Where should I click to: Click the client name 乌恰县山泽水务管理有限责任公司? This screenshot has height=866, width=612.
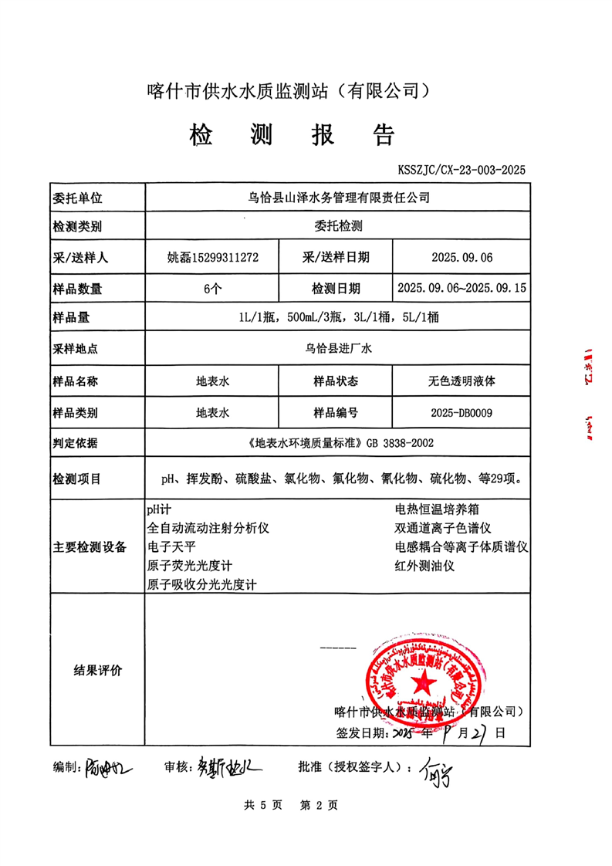[x=337, y=198]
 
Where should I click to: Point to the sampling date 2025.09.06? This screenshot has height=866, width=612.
[x=461, y=258]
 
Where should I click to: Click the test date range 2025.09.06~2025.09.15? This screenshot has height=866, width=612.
[x=461, y=289]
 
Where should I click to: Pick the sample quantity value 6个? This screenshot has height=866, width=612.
[x=212, y=289]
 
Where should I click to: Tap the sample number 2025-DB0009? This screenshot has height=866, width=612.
[x=461, y=413]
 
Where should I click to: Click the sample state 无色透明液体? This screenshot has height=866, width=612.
[x=461, y=381]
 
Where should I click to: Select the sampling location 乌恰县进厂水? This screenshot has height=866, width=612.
[x=337, y=350]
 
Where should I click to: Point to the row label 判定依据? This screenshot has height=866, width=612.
[x=77, y=445]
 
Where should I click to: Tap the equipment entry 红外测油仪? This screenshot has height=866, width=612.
[x=425, y=566]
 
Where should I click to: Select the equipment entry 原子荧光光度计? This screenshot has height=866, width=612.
[x=190, y=566]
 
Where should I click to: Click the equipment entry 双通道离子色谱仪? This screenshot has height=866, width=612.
[x=443, y=529]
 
